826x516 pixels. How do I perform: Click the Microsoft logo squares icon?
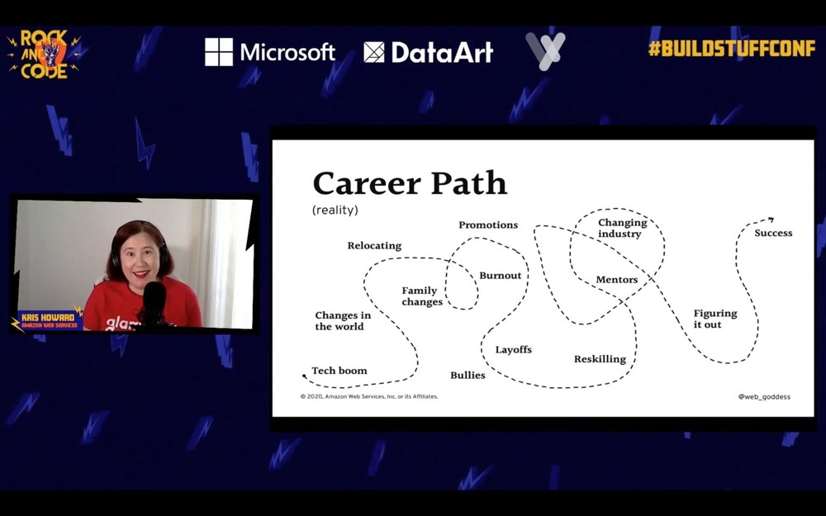point(219,51)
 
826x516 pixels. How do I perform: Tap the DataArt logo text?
point(442,52)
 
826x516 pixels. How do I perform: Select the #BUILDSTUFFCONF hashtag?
point(732,49)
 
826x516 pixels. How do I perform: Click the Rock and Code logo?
point(45,54)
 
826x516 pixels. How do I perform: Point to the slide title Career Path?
point(410,183)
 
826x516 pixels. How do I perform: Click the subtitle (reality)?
point(335,210)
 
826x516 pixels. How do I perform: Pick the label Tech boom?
point(339,371)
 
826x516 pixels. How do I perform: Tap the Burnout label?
point(501,276)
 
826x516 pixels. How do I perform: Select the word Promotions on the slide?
point(488,225)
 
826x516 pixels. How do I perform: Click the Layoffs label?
point(514,349)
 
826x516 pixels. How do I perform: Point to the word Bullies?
point(468,375)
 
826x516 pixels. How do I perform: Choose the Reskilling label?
point(600,359)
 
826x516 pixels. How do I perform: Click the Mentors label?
point(617,280)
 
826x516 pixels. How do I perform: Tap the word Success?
point(773,233)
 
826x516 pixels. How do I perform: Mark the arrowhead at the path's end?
point(771,220)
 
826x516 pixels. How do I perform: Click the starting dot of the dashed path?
point(304,376)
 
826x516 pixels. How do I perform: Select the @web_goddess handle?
point(764,397)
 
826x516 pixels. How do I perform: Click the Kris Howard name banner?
point(49,320)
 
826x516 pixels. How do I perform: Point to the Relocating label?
point(374,246)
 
